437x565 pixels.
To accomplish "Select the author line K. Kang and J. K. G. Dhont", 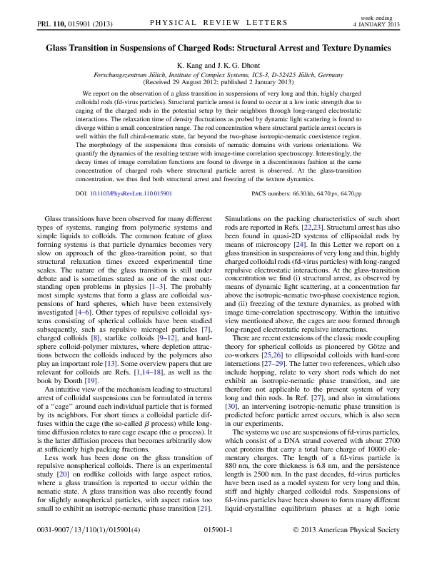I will click(218, 64).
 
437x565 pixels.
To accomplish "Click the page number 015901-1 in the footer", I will click(218, 551).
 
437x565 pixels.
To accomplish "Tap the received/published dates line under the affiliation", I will click(218, 82).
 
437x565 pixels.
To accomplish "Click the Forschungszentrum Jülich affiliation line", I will click(218, 74).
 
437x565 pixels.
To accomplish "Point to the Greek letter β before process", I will click(151, 428).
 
